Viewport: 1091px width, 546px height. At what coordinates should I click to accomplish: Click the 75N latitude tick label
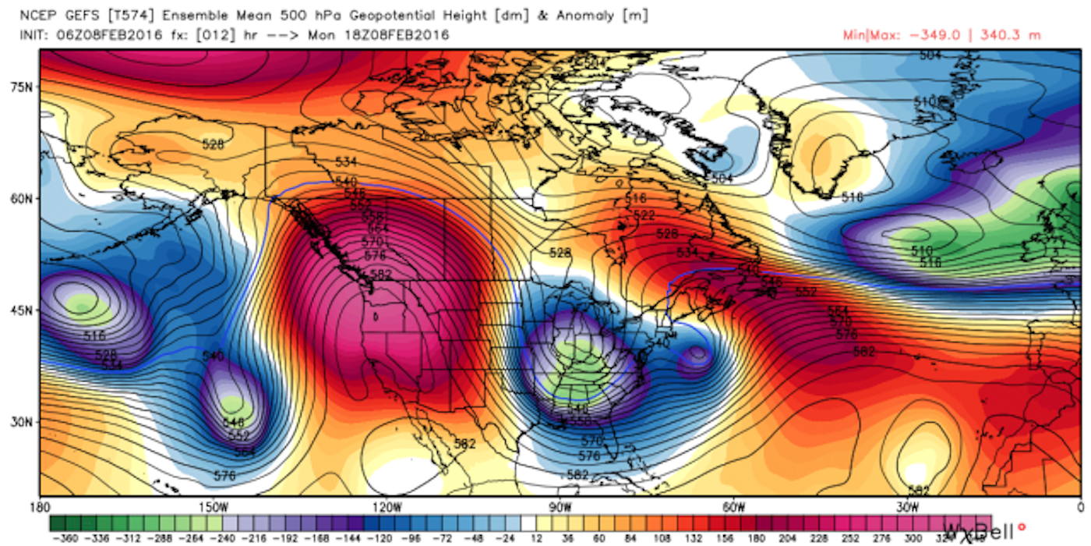[20, 87]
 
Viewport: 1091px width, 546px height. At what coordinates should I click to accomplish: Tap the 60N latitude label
[20, 198]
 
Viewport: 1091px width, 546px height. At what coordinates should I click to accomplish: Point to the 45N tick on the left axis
[20, 310]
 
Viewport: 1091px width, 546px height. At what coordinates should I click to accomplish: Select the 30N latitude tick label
[20, 422]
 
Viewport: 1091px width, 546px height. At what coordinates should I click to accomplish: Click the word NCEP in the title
[36, 15]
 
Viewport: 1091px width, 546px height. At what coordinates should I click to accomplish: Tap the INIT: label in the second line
[35, 34]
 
